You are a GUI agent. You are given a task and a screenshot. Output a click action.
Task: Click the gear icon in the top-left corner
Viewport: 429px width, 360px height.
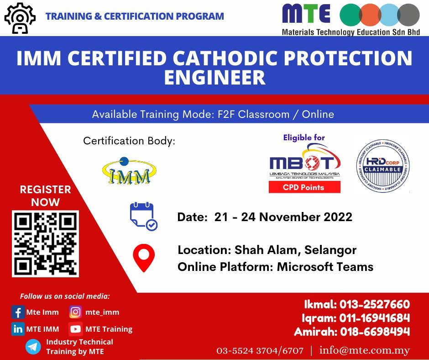click(20, 18)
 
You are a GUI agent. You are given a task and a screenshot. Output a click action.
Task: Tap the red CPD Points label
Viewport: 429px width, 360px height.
click(304, 187)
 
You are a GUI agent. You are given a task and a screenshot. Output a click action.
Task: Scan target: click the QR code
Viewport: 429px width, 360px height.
click(45, 243)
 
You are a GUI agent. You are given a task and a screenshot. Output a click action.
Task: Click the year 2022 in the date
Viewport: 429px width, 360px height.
click(338, 217)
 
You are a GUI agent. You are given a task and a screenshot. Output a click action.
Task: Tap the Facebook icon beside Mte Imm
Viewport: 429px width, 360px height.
click(18, 312)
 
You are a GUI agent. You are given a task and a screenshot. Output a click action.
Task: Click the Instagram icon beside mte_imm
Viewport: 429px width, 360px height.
click(75, 312)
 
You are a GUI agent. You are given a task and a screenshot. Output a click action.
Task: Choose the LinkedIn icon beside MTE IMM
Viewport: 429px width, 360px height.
click(18, 329)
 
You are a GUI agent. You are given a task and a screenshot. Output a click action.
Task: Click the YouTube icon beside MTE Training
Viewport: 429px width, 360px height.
click(75, 329)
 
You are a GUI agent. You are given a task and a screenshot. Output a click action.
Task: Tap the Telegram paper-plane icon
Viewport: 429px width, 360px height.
click(33, 347)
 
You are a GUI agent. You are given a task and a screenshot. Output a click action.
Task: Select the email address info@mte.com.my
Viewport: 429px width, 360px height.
click(365, 351)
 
